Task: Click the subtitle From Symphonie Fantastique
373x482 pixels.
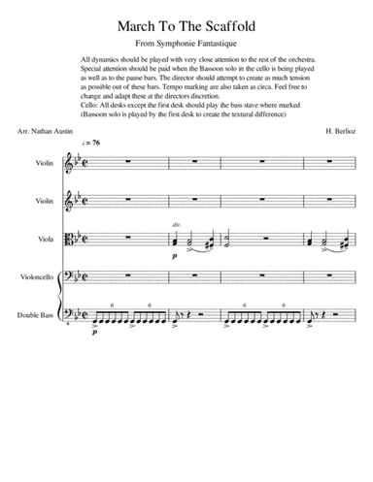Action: (x=186, y=44)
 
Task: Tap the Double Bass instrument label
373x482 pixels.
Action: (x=39, y=315)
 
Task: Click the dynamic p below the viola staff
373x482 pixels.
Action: (x=174, y=256)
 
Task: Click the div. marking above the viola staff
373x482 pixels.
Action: (x=177, y=224)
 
